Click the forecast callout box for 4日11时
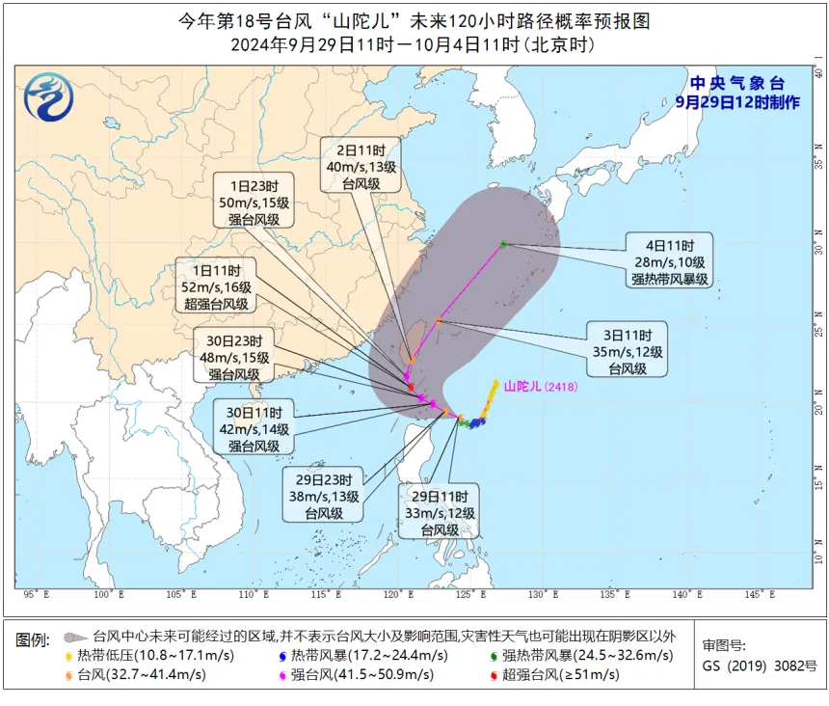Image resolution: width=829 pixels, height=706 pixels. pos(670,260)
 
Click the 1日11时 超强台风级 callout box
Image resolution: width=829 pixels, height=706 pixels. pos(215,286)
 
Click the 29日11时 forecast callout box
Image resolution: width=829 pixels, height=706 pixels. pos(438,512)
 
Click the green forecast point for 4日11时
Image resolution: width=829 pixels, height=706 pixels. pos(503,244)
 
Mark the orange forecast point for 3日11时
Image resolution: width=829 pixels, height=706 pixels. pos(439,320)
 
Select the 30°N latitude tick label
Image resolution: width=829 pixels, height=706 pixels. pos(817,232)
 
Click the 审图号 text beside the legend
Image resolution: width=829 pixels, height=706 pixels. pos(724,646)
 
